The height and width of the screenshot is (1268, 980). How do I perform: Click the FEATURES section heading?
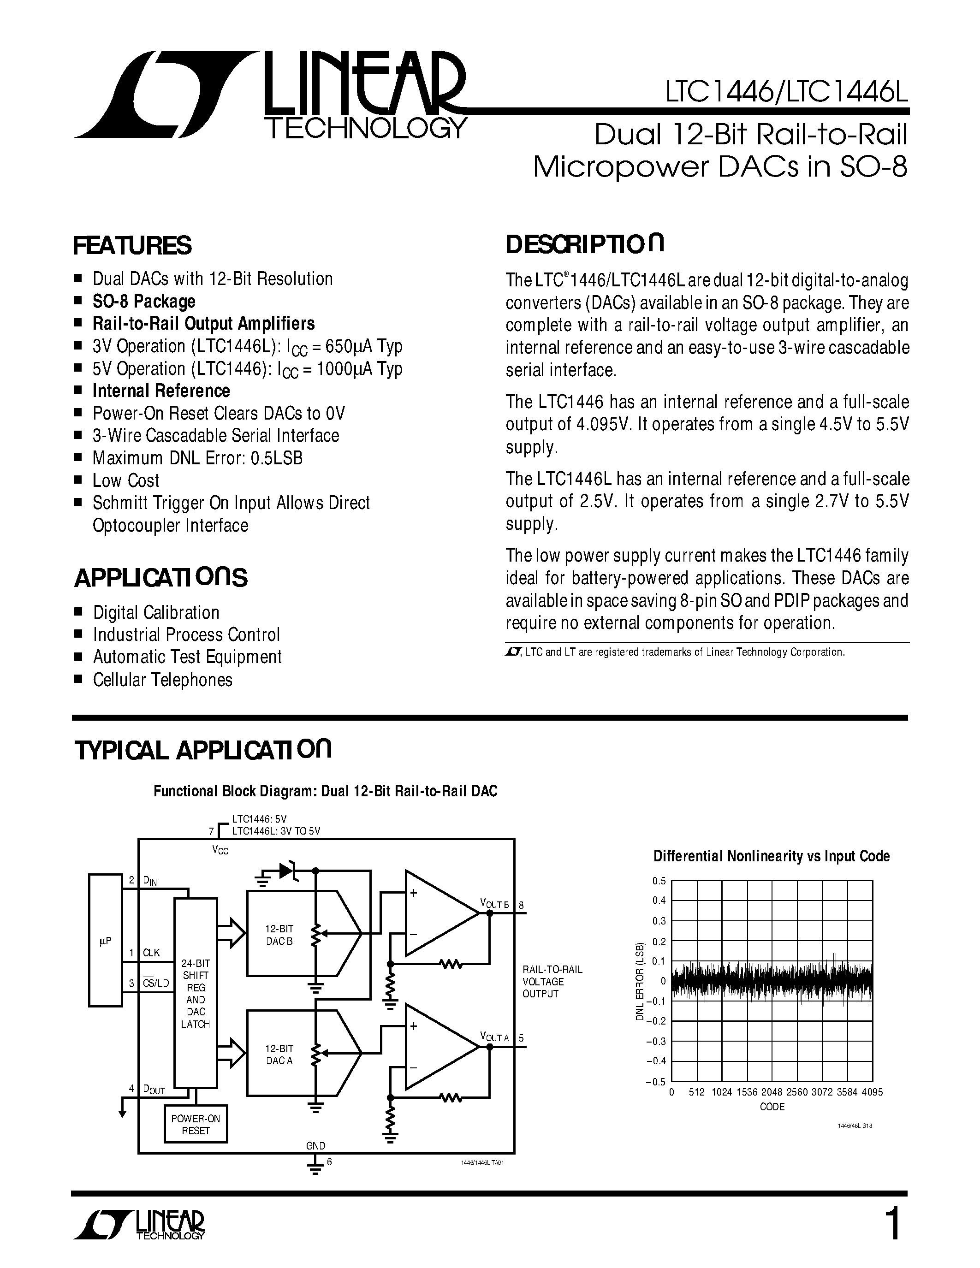[132, 246]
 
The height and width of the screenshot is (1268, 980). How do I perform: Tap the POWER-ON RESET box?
[196, 1125]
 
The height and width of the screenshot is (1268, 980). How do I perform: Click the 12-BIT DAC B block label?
[279, 935]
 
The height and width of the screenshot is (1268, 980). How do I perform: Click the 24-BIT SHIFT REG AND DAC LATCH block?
[196, 993]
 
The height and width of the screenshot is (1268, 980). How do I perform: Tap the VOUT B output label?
[494, 904]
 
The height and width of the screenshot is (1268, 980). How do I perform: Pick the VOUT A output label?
[494, 1037]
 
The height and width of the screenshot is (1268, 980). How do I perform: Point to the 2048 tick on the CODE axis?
[772, 1092]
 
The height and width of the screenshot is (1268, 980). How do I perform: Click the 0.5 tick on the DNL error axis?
[659, 881]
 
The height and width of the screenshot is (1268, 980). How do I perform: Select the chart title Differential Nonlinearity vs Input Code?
[772, 856]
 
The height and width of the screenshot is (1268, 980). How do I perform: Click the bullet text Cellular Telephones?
[162, 680]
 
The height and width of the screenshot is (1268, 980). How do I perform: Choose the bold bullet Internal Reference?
[161, 391]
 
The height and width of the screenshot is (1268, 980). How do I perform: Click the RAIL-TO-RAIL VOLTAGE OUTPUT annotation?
[552, 981]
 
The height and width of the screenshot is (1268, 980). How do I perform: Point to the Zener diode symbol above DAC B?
[288, 870]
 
